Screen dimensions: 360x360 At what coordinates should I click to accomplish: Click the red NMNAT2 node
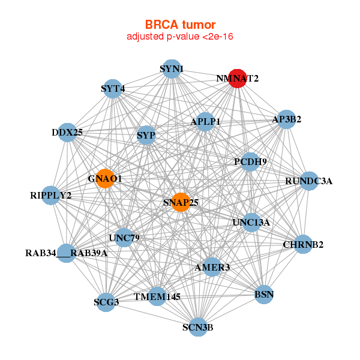(x=238, y=79)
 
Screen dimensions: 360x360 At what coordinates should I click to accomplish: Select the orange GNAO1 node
(x=105, y=179)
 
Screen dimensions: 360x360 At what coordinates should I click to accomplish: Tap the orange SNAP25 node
(x=181, y=202)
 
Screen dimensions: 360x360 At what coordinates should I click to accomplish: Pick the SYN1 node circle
(x=172, y=68)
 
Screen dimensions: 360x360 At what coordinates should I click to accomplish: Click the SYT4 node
(x=113, y=89)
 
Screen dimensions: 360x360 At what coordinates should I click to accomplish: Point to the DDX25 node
(x=67, y=132)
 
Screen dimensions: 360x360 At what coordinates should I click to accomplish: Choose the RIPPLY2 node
(x=51, y=195)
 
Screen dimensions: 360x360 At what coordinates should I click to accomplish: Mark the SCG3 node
(x=106, y=302)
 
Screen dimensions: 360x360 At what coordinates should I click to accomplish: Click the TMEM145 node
(x=157, y=296)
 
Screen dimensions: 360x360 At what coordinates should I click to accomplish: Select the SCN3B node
(x=197, y=327)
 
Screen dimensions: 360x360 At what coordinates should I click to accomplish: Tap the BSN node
(x=264, y=295)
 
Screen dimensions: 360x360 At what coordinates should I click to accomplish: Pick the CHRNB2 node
(x=303, y=244)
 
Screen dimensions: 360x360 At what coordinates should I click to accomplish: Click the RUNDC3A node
(x=308, y=181)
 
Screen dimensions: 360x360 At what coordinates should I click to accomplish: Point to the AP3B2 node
(x=286, y=119)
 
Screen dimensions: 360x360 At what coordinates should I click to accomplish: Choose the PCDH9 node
(x=250, y=161)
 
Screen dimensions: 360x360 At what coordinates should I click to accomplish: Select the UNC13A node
(x=251, y=223)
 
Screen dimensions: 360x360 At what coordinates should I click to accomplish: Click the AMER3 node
(x=212, y=267)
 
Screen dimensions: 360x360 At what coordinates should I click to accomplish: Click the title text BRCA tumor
(x=180, y=25)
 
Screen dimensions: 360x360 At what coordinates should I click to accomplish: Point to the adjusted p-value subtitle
(x=180, y=37)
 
